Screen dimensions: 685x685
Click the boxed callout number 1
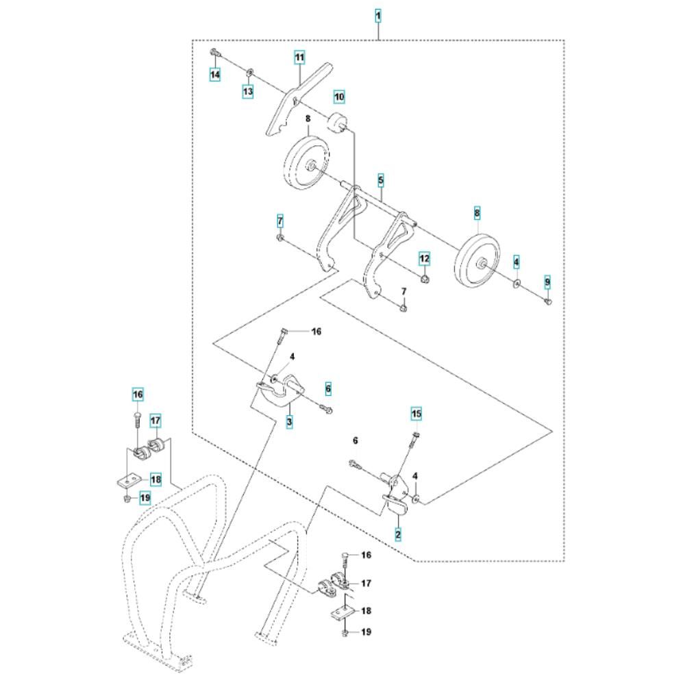coord(378,16)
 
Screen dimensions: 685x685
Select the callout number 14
coord(215,75)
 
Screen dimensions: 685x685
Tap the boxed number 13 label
coord(248,92)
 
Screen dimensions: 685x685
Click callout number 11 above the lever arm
coord(299,58)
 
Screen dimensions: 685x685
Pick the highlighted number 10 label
coord(340,96)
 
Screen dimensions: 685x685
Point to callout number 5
coord(381,180)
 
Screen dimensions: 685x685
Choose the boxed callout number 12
coord(425,259)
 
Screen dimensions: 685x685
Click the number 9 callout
coord(548,282)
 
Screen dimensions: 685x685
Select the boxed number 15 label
coord(416,413)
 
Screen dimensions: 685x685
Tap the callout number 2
coord(398,534)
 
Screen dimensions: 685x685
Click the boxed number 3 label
coord(289,422)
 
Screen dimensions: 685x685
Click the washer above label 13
coord(250,72)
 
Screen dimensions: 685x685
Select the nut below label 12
coord(424,279)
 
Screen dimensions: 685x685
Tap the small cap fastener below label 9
coord(548,301)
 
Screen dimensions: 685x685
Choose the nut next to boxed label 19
coord(127,498)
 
